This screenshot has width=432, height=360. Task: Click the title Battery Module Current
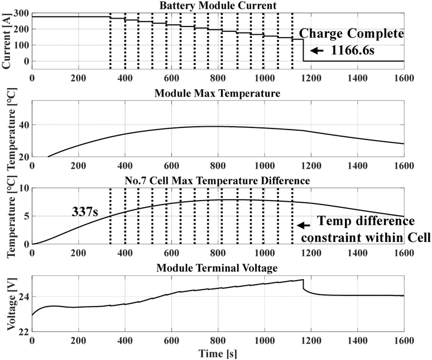coord(218,6)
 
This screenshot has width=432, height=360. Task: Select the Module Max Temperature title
coord(218,94)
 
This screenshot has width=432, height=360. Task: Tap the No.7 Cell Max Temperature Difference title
coord(218,180)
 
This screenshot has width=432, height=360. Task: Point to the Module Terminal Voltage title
coord(218,268)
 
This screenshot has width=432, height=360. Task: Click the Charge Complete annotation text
coord(352,34)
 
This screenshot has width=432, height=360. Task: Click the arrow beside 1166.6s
coord(316,51)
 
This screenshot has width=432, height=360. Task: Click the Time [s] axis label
coord(218,353)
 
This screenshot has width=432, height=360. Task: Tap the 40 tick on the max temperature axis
coord(22,125)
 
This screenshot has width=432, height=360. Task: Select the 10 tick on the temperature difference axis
coord(22,188)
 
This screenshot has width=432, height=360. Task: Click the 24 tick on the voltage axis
coord(22,297)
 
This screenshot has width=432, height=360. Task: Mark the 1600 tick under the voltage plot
coord(403,341)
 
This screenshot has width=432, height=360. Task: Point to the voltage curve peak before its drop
coord(303,280)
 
